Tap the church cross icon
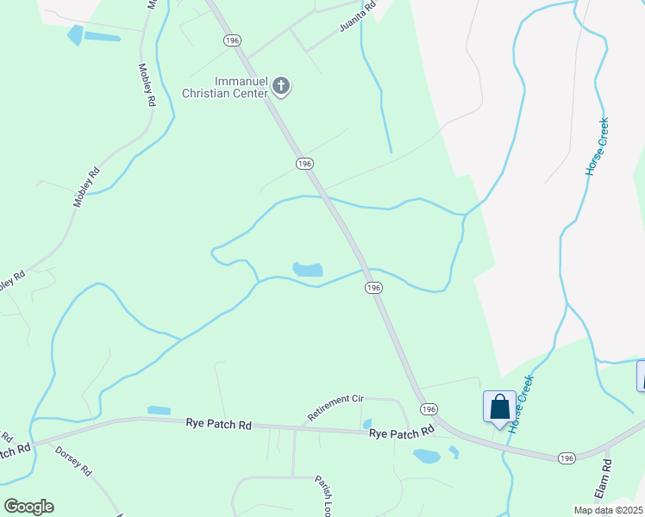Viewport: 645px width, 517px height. (x=281, y=86)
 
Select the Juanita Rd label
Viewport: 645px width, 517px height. (x=358, y=22)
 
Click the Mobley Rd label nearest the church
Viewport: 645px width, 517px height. (x=146, y=84)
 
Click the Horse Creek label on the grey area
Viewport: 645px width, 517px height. (x=597, y=147)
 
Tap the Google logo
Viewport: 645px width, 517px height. (x=28, y=506)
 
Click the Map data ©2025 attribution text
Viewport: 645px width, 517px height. (x=608, y=510)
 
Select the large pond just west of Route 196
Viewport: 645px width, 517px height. (x=308, y=270)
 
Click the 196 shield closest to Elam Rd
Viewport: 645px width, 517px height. (x=566, y=458)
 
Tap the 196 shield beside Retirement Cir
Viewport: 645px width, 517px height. (x=428, y=408)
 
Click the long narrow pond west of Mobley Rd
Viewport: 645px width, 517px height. (x=102, y=37)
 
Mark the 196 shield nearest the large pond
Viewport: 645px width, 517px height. (x=373, y=288)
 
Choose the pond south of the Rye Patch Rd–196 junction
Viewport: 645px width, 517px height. (x=426, y=456)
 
